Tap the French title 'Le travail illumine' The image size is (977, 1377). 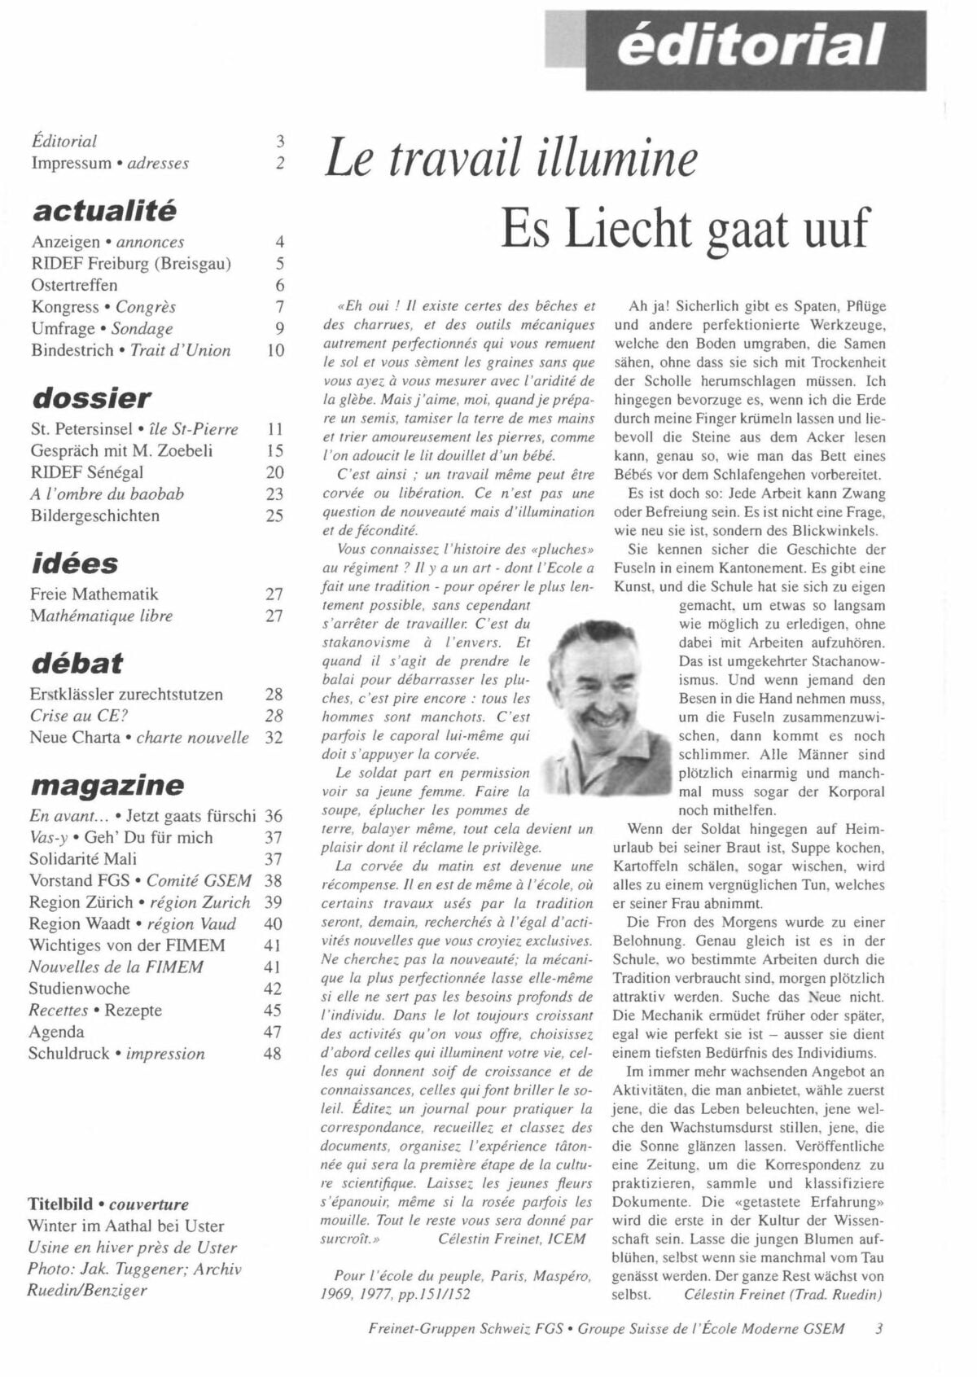point(511,158)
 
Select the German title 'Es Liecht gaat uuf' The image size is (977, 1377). point(686,229)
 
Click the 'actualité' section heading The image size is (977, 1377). point(104,211)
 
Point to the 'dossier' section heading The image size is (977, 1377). point(91,398)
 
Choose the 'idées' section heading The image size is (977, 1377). point(74,564)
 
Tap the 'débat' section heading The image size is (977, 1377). point(77,663)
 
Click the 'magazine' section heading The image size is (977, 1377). point(107,785)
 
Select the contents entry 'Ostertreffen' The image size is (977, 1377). point(74,285)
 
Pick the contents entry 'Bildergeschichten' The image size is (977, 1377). point(94,515)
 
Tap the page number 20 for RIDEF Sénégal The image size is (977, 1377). point(274,472)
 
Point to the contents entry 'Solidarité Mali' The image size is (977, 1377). point(82,859)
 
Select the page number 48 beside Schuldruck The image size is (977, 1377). point(273,1054)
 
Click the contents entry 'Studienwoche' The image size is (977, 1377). point(79,989)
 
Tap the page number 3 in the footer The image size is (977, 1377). point(878,1328)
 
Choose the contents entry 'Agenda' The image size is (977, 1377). point(56,1032)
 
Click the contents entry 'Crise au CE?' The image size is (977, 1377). point(79,716)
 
